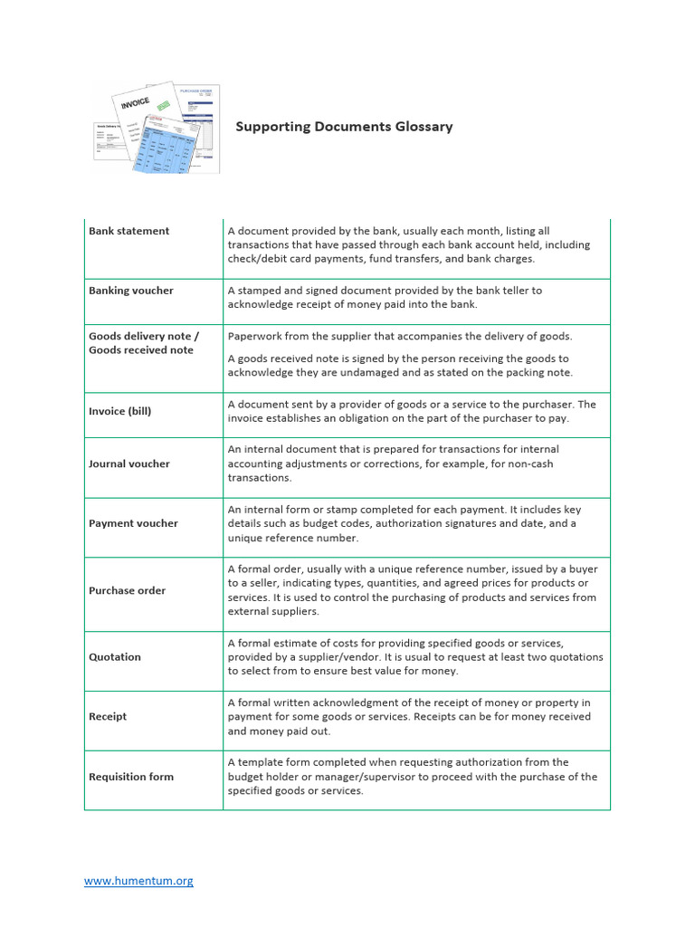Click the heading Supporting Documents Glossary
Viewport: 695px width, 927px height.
coord(344,127)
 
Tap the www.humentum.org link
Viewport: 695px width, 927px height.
coord(138,880)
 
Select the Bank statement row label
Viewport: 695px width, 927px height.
coord(129,231)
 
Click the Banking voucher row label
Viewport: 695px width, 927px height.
coord(130,291)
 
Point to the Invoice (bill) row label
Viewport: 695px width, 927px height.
coord(119,411)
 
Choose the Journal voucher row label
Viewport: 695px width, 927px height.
coord(129,463)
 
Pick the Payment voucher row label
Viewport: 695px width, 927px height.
coord(133,523)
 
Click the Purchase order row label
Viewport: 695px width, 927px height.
coord(127,590)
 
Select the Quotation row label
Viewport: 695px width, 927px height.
coord(114,657)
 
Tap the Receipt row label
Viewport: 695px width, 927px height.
coord(108,716)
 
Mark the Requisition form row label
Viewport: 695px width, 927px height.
coord(130,777)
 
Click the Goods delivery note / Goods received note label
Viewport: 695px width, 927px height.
coord(143,343)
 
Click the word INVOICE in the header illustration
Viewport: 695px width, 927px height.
coord(135,104)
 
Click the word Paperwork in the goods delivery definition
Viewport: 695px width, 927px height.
coord(255,336)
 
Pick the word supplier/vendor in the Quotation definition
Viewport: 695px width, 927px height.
coord(313,657)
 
